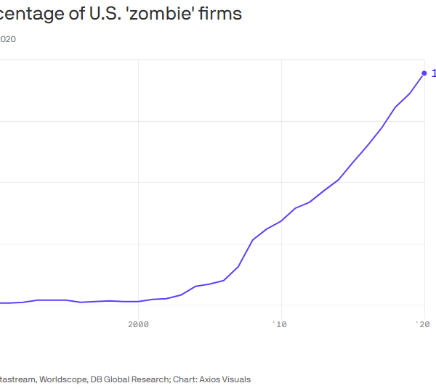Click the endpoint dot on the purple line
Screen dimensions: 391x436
pyautogui.click(x=424, y=73)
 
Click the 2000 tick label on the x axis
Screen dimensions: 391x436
pyautogui.click(x=138, y=324)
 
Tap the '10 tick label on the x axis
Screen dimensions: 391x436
pyautogui.click(x=279, y=324)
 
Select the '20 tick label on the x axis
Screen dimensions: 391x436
pyautogui.click(x=422, y=324)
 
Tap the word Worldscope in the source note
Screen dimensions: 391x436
pyautogui.click(x=63, y=379)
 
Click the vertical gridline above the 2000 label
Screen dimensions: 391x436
pyautogui.click(x=138, y=181)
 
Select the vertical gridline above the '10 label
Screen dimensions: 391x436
pyautogui.click(x=280, y=145)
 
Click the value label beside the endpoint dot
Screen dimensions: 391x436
pyautogui.click(x=433, y=73)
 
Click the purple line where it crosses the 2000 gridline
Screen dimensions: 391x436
pyautogui.click(x=138, y=301)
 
